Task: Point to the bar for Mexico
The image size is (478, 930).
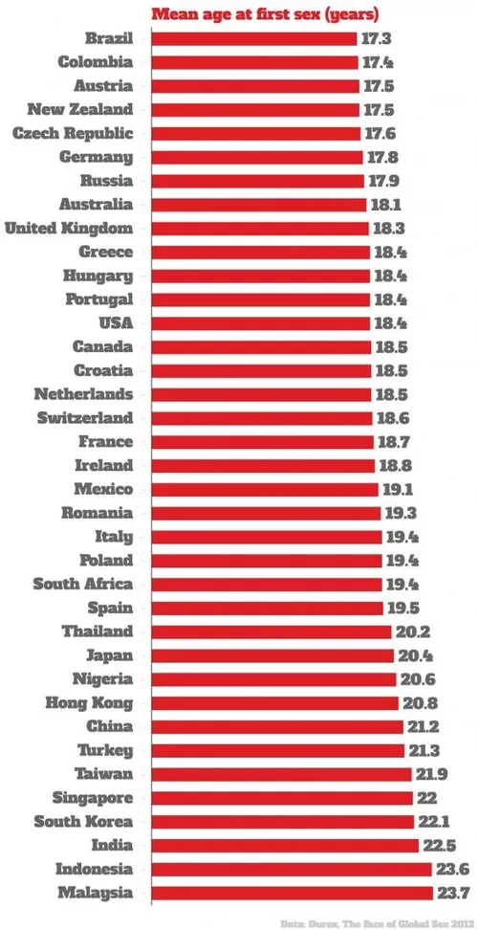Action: [x=264, y=489]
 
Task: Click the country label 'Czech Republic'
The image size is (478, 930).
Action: [x=73, y=134]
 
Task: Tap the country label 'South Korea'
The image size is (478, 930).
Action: [x=83, y=822]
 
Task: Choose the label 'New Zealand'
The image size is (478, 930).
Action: [x=80, y=110]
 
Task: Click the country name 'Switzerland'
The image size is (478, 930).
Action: [x=85, y=418]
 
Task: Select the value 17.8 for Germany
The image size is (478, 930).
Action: [x=380, y=157]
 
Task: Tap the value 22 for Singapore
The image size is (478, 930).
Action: [x=426, y=798]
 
